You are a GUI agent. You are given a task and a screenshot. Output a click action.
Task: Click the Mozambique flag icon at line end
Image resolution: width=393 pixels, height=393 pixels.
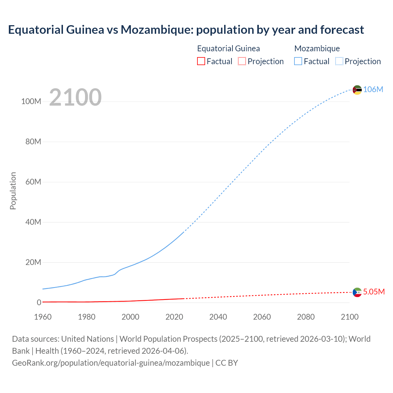357,90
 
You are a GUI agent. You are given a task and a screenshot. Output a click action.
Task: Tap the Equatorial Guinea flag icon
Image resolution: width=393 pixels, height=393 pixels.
357,292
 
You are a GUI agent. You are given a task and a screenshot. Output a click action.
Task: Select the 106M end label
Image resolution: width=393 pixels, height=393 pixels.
373,89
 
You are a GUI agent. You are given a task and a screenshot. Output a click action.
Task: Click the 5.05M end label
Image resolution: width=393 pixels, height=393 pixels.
374,292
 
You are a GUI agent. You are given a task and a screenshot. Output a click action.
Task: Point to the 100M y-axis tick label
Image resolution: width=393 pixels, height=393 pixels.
31,102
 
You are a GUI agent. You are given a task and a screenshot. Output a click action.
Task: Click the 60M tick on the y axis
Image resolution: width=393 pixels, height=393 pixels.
33,182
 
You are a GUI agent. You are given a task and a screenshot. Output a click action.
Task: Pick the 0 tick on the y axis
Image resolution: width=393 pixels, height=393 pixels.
39,302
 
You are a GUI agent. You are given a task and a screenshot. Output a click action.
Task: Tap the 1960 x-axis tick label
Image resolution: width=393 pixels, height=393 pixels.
43,317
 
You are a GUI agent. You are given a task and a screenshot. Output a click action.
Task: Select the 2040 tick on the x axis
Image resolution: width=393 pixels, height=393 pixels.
218,317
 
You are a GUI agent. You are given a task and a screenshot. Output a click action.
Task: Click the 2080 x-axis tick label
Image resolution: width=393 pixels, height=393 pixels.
306,317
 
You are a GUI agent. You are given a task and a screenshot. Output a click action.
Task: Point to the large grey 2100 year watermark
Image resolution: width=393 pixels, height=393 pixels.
75,97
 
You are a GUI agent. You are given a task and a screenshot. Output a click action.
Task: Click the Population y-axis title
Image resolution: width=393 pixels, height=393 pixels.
13,191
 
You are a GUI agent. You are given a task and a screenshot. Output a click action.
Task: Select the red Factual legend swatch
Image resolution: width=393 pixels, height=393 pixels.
201,61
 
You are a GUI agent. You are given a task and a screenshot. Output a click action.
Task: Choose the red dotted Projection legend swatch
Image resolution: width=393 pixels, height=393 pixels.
242,61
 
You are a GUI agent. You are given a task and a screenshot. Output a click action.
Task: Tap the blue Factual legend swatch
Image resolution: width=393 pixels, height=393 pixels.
298,61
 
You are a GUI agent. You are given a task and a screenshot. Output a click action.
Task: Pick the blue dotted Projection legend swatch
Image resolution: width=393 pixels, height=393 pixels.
339,61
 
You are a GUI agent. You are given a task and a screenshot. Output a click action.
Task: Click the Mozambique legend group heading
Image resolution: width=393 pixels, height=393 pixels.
317,49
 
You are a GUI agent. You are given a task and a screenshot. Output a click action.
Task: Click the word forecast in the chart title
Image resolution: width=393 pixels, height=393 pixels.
342,30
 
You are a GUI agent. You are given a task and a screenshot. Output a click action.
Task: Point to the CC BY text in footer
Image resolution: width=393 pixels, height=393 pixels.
227,363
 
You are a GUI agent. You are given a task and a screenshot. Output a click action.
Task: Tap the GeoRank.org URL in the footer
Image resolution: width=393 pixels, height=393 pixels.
111,363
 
